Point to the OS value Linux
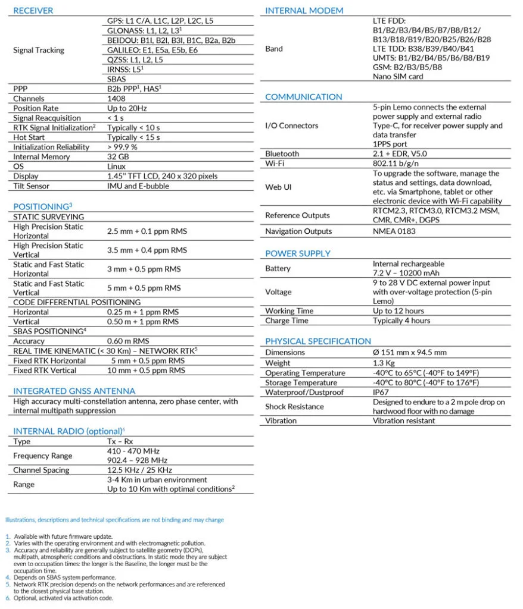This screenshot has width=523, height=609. click(116, 167)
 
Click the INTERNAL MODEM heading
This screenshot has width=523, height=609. click(304, 10)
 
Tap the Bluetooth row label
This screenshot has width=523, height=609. click(282, 153)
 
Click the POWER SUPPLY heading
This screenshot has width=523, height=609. click(297, 253)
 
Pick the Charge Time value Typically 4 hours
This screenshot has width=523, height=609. click(401, 321)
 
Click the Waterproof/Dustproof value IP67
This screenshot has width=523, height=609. click(382, 393)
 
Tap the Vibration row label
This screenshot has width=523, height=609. click(281, 420)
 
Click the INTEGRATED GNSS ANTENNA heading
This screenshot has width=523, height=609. click(74, 391)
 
